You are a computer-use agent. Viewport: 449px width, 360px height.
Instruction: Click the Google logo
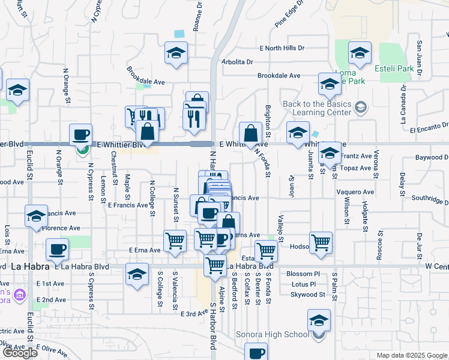point(19,353)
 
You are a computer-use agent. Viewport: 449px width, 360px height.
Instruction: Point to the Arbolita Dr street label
point(237,62)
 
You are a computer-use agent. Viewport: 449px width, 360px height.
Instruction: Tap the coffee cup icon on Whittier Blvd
point(80,135)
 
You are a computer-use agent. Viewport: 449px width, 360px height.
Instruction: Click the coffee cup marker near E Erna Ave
point(57,248)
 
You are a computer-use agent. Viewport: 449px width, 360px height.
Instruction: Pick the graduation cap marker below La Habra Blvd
point(137,274)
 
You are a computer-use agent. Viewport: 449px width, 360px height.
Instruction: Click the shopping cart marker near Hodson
point(321,242)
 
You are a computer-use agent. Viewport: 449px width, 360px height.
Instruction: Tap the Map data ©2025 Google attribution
point(412,355)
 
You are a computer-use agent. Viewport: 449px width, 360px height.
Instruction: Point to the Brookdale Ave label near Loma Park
point(279,76)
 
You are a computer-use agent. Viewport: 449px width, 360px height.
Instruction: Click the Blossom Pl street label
point(304,274)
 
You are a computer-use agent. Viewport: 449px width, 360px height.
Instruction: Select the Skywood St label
point(307,295)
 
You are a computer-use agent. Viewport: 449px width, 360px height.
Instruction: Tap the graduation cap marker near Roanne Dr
point(176,53)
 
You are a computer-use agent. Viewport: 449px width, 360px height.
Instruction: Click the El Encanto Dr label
point(429,128)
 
